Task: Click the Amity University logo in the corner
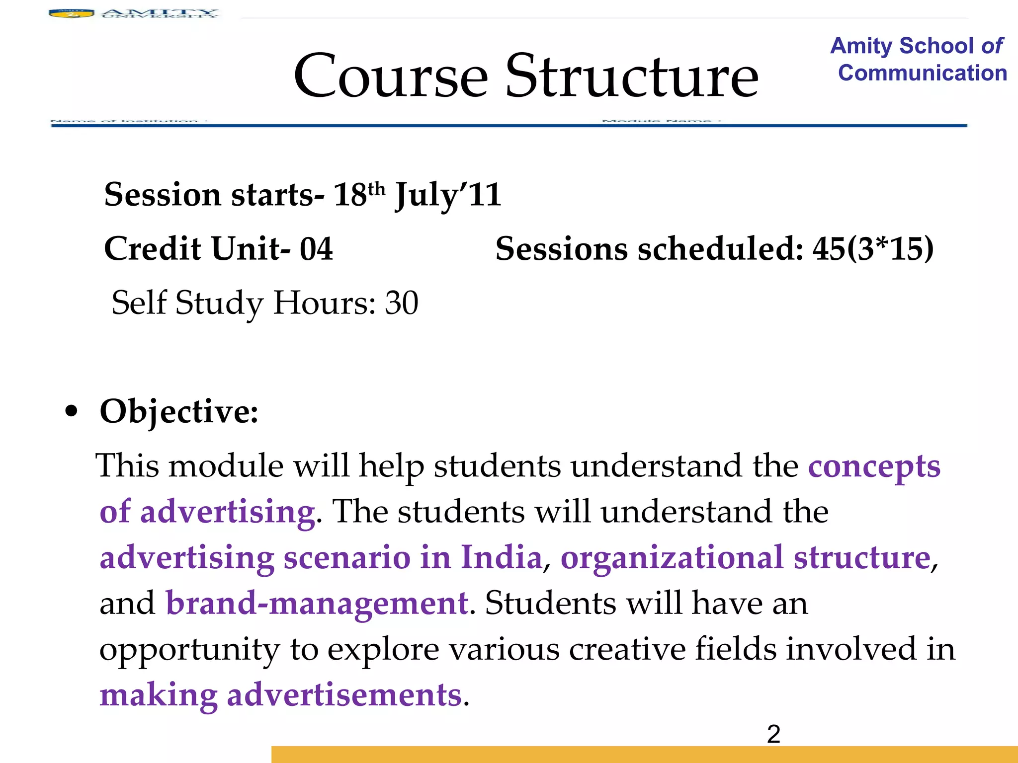click(x=133, y=13)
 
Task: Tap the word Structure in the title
click(x=632, y=76)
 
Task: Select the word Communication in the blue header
click(x=922, y=73)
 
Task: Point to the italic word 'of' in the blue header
click(x=992, y=46)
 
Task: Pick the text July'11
click(x=448, y=195)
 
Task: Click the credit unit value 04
click(x=316, y=248)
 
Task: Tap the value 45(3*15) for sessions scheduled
click(x=873, y=248)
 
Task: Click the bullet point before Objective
click(x=72, y=412)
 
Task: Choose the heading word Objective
click(x=179, y=412)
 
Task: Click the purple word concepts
click(x=874, y=466)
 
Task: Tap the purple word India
click(x=501, y=557)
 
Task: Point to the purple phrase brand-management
click(x=317, y=603)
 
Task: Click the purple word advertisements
click(x=344, y=694)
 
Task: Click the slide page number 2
click(x=773, y=734)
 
